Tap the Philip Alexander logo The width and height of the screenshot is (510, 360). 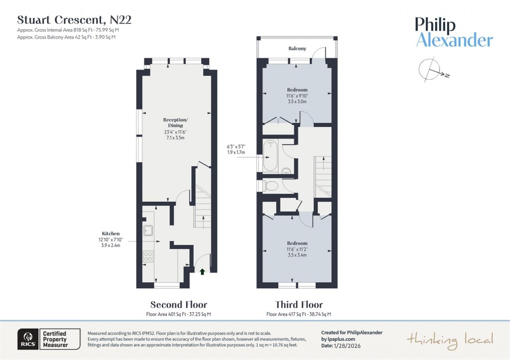point(454,32)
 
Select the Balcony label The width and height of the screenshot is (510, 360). point(297,49)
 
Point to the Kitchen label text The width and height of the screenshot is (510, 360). point(111,233)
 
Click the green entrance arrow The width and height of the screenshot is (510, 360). point(202,271)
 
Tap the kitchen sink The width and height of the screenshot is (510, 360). point(148,230)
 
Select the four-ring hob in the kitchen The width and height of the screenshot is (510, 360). point(148,256)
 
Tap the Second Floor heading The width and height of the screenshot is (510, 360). point(178,305)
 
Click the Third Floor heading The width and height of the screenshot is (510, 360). point(299,305)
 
